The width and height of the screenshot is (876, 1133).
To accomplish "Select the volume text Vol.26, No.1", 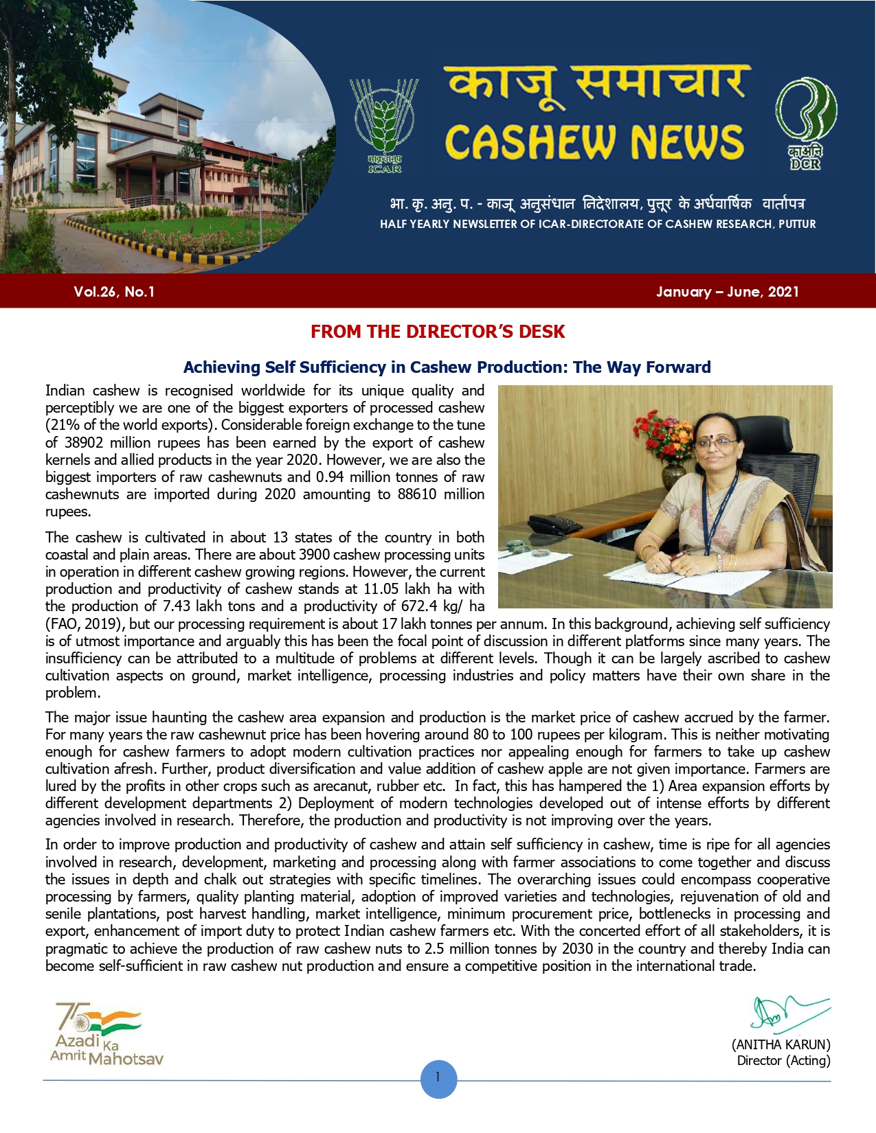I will pyautogui.click(x=114, y=292).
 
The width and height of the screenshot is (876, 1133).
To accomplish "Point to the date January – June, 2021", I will pyautogui.click(x=727, y=292).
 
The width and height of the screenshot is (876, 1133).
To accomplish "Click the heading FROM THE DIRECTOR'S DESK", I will pyautogui.click(x=438, y=332).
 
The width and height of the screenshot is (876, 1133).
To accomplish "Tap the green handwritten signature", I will pyautogui.click(x=787, y=1013).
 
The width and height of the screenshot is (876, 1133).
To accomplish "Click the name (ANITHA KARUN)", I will pyautogui.click(x=781, y=1044).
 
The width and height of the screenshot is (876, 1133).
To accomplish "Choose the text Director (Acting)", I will pyautogui.click(x=783, y=1061).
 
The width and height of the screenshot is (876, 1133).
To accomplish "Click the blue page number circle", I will pyautogui.click(x=438, y=1078).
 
